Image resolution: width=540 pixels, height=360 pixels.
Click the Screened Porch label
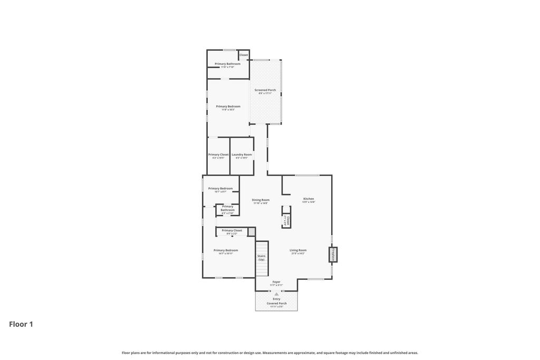(265, 90)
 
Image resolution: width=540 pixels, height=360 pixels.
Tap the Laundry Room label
(242, 154)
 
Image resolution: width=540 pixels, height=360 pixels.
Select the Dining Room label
(261, 200)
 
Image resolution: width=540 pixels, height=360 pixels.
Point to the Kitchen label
(308, 199)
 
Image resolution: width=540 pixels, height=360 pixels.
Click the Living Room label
(298, 250)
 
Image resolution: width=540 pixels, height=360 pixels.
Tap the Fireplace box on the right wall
(333, 255)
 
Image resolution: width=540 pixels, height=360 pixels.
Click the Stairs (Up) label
(262, 258)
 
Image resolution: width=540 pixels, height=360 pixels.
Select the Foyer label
(276, 282)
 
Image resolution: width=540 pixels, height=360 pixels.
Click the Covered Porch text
(276, 304)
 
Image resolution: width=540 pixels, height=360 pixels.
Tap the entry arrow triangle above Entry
(276, 294)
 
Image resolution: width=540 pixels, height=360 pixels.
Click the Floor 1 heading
(21, 324)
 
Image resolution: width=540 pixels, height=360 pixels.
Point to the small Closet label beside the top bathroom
(244, 55)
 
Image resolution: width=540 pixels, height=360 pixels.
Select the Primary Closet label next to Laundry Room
(218, 154)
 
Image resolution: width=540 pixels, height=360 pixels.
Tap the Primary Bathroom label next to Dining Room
(228, 208)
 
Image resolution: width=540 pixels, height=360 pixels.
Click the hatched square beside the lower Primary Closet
(252, 231)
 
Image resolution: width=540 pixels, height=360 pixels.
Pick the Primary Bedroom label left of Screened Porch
(228, 106)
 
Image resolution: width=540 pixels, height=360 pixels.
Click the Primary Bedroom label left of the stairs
(226, 250)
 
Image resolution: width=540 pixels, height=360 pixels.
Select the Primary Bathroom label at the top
(227, 64)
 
